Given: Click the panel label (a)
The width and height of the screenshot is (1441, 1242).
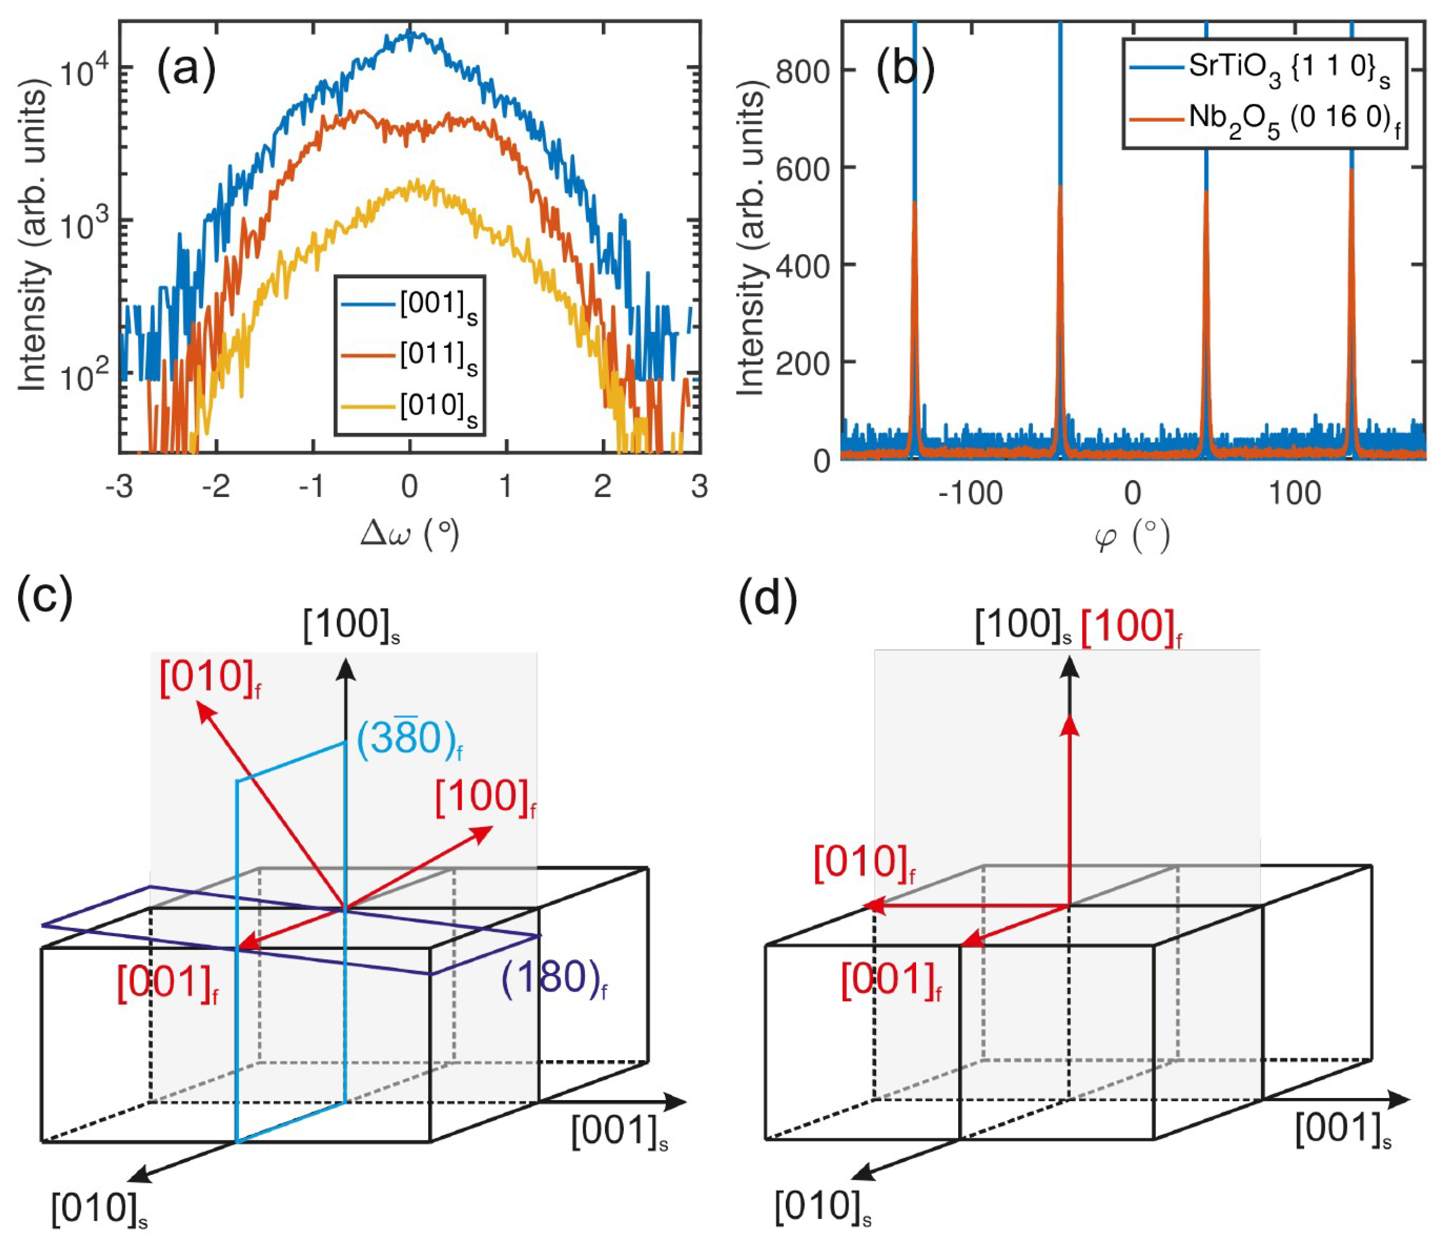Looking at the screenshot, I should tap(186, 70).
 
